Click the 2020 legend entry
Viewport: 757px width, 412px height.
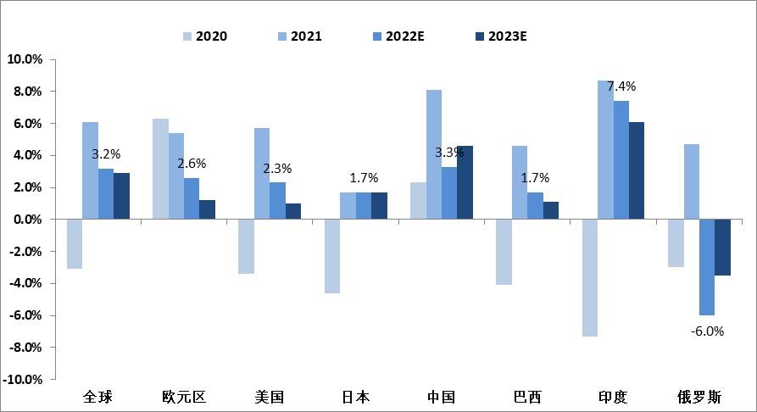pos(204,36)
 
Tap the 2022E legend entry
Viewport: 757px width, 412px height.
pos(404,36)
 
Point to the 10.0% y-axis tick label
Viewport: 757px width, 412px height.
pos(25,59)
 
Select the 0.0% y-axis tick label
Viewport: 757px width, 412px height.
pos(27,220)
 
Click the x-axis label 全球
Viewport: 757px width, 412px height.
pos(97,397)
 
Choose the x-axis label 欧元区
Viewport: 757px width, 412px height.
pos(184,397)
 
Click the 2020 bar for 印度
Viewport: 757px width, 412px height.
pos(588,277)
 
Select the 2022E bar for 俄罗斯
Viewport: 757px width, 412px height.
pos(707,267)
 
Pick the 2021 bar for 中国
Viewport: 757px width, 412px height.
pos(433,154)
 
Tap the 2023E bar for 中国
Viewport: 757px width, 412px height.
pos(465,182)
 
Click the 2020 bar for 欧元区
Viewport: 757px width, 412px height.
pos(159,169)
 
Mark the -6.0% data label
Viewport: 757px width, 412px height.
pos(706,331)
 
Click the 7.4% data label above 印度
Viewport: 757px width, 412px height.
pos(620,86)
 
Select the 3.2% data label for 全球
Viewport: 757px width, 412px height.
pos(106,154)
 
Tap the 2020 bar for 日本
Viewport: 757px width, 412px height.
pos(332,256)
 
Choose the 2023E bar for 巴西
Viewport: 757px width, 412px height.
pos(551,210)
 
